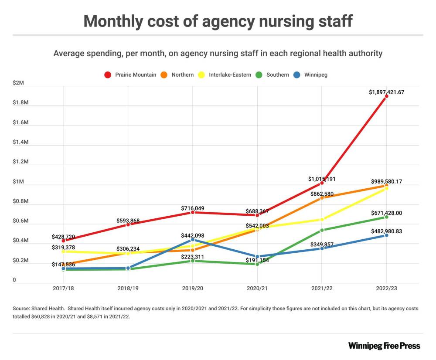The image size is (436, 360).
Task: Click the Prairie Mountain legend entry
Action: (130, 75)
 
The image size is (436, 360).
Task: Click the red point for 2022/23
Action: (386, 96)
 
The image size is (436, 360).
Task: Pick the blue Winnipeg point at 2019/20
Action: (193, 240)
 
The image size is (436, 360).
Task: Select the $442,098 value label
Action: (192, 235)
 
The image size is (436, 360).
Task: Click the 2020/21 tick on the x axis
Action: (257, 289)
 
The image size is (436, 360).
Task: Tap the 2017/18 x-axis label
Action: (63, 289)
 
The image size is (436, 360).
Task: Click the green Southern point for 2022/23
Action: (386, 217)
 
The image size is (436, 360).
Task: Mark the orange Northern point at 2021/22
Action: (322, 198)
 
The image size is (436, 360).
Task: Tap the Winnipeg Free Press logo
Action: (384, 346)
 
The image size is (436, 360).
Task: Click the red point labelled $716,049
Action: (193, 212)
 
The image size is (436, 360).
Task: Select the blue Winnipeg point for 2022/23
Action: (386, 235)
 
